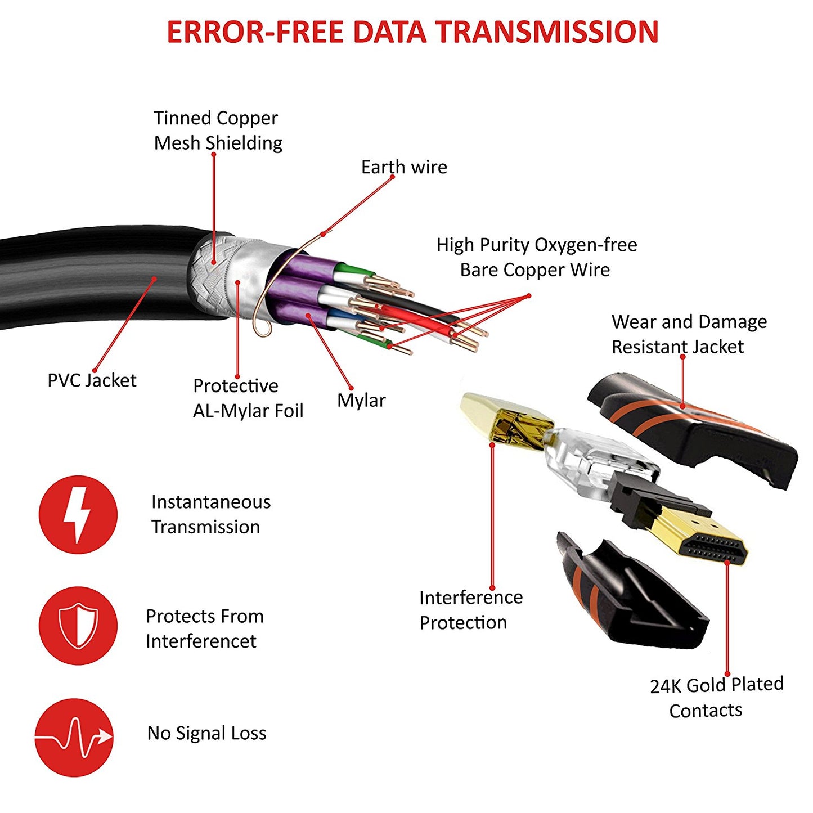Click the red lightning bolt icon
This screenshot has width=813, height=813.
coord(78,514)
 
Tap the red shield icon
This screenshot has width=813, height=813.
coord(78,625)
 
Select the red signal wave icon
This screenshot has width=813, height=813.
coord(74,737)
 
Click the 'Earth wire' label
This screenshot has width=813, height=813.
coord(404,167)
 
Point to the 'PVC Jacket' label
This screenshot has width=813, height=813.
coord(92,380)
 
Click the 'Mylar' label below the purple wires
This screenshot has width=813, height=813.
coord(361,401)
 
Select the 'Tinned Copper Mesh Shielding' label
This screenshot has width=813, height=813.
coord(218,131)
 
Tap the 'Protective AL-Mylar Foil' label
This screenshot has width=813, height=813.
coord(248,398)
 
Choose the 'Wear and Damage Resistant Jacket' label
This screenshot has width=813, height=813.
coord(689,334)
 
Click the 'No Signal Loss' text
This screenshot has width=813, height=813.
coord(206,733)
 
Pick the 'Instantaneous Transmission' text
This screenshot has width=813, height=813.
coord(210,514)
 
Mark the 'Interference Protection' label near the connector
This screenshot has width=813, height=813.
coord(470,610)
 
